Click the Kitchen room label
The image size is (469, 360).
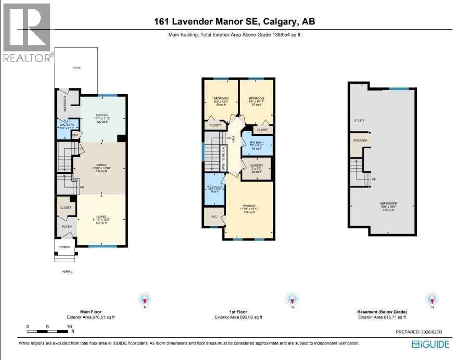[x=102, y=115]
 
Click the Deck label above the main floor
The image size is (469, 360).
[x=77, y=68]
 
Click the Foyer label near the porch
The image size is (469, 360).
[x=67, y=226]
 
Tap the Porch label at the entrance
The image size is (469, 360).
[x=65, y=247]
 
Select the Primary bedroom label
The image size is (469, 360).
[x=248, y=205]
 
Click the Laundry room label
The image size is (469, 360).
[x=257, y=165]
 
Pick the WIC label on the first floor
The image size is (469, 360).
[x=213, y=216]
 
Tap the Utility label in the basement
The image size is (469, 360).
[x=359, y=121]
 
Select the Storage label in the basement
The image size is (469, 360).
[x=361, y=141]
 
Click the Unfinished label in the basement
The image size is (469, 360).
[x=388, y=203]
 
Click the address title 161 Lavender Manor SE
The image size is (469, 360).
[x=234, y=22]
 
